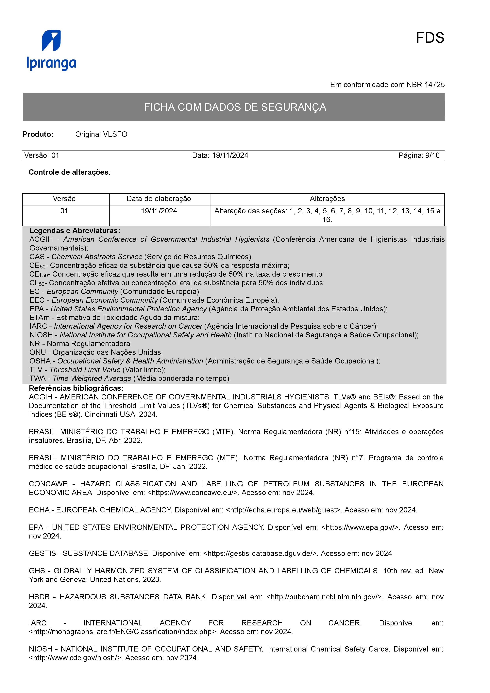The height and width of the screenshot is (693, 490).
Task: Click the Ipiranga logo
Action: pyautogui.click(x=51, y=50)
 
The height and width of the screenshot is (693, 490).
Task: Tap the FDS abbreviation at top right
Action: pyautogui.click(x=430, y=38)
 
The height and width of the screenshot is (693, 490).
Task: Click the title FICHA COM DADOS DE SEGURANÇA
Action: pyautogui.click(x=235, y=107)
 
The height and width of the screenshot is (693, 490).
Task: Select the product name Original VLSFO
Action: pyautogui.click(x=101, y=134)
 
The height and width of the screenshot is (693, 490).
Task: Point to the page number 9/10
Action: pyautogui.click(x=432, y=155)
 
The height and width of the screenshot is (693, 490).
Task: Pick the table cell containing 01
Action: pyautogui.click(x=64, y=211)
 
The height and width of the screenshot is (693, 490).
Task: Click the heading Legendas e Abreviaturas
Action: pyautogui.click(x=75, y=231)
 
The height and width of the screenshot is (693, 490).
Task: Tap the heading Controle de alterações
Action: pyautogui.click(x=69, y=172)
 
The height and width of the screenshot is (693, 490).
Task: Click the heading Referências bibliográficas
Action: pyautogui.click(x=76, y=388)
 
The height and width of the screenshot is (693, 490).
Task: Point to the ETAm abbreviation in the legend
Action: pyautogui.click(x=40, y=317)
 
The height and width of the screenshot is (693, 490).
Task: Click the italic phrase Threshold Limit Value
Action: pyautogui.click(x=85, y=370)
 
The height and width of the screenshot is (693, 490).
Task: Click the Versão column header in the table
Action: pyautogui.click(x=64, y=199)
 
